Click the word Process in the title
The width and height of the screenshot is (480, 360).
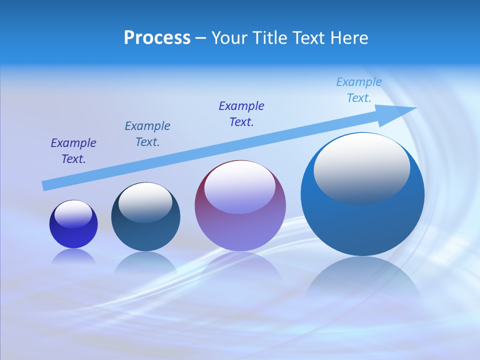click(x=157, y=38)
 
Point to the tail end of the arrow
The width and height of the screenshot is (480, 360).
click(x=45, y=185)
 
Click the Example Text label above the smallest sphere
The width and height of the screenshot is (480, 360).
click(x=73, y=151)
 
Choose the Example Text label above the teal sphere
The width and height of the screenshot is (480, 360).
click(x=147, y=134)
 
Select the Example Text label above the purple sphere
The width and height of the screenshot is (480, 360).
click(x=241, y=113)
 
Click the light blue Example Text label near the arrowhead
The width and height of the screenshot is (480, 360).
click(x=359, y=90)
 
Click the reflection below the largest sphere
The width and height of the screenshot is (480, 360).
click(x=362, y=280)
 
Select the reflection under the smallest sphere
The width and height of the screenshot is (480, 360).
click(x=73, y=256)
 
